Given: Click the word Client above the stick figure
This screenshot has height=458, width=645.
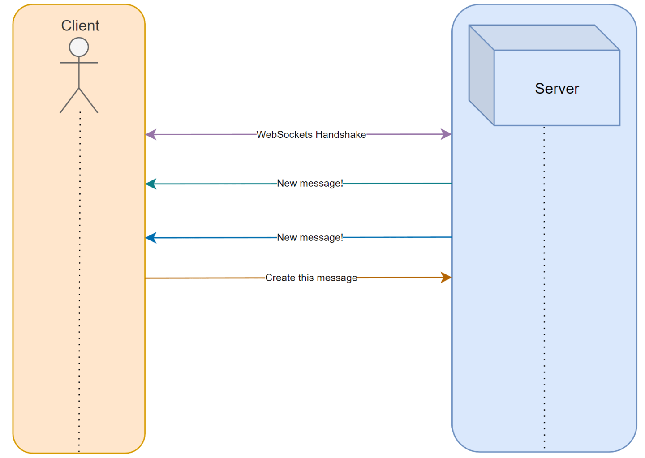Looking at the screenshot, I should (80, 26).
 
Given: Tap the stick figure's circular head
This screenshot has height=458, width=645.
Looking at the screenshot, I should (79, 47).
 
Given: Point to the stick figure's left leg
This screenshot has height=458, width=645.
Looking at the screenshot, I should (69, 101).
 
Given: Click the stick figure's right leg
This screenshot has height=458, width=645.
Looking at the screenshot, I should (88, 101).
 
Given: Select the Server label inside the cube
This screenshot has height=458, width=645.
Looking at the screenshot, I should (557, 89).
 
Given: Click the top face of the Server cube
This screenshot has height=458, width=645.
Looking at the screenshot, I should (544, 38).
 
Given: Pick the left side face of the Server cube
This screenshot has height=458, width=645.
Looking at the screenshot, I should (482, 75).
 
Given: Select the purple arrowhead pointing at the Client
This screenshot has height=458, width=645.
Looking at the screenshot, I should (151, 134).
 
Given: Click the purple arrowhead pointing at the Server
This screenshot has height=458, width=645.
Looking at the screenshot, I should (446, 134).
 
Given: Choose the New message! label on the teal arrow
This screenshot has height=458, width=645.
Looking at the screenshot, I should (310, 183).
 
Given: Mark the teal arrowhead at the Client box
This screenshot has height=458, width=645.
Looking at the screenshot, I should (151, 184).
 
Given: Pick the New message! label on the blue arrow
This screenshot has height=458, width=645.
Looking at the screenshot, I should (310, 237).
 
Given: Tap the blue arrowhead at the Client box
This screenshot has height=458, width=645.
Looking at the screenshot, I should (151, 238).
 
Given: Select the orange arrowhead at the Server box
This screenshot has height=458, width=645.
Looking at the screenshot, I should (446, 277).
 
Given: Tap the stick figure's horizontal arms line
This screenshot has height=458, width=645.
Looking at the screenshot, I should (79, 63).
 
